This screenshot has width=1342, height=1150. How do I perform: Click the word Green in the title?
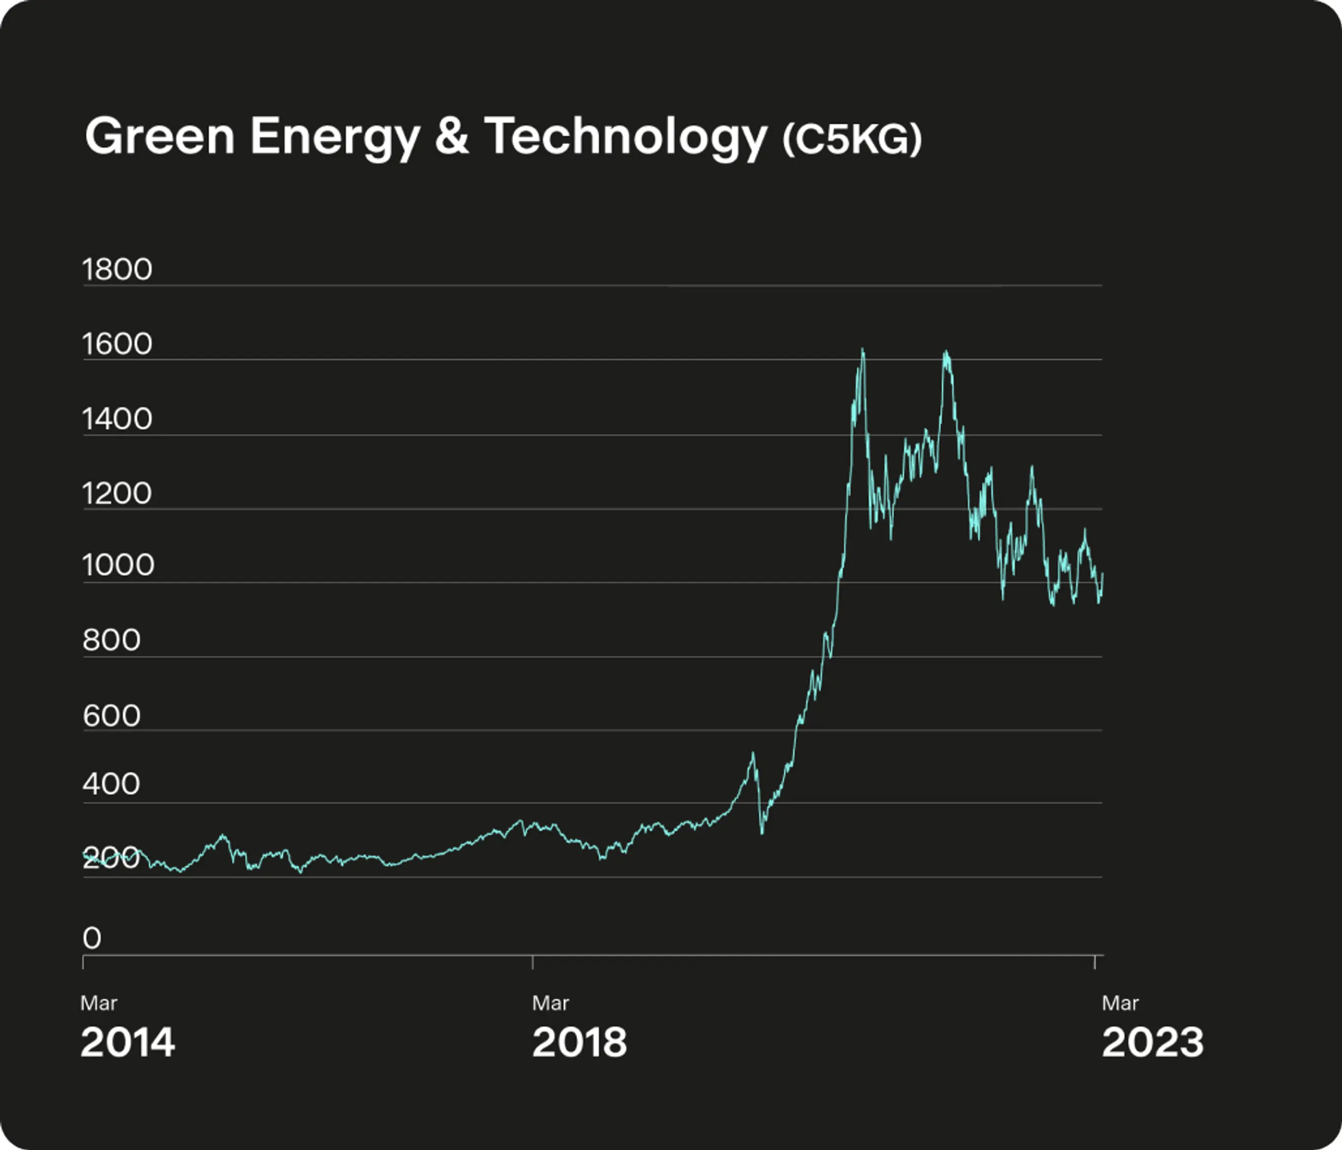point(159,137)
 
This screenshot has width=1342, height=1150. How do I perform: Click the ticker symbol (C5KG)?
point(852,139)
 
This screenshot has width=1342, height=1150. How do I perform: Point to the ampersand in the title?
point(451,137)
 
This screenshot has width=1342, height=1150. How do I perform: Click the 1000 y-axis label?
point(118,565)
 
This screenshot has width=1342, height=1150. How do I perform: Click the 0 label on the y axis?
point(92,938)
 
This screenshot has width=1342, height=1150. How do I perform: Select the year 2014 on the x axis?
point(128,1043)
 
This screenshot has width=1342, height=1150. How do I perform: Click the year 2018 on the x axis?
point(580,1043)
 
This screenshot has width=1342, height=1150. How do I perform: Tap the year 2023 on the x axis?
point(1152,1043)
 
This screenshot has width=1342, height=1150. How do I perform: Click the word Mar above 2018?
point(551,1003)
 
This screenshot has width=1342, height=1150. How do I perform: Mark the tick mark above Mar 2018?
point(533,962)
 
